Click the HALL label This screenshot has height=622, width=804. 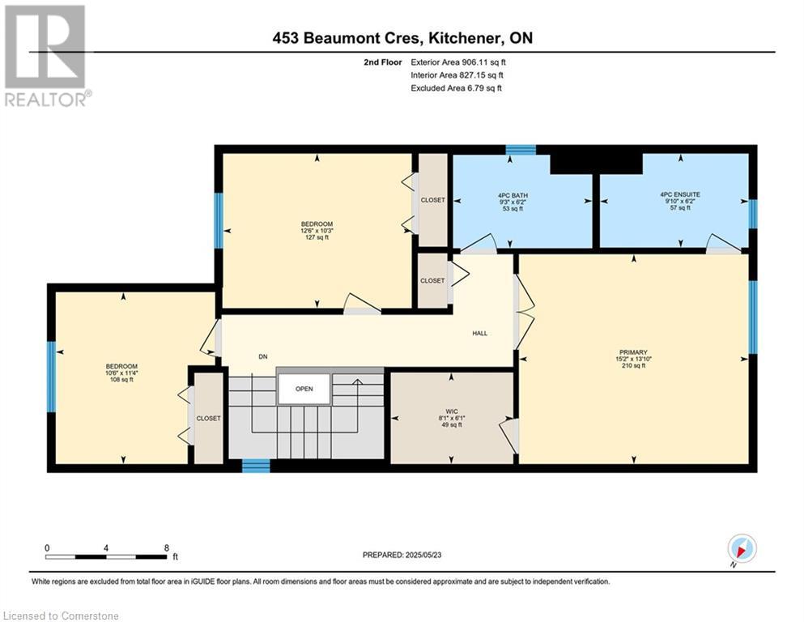point(480,334)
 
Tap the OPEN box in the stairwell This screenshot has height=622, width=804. point(304,389)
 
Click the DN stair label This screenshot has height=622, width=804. point(263,357)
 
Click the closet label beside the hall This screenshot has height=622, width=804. point(432,280)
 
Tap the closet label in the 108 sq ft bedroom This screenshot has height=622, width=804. point(209,419)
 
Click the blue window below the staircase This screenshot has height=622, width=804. point(256,466)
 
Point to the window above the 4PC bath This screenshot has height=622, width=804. point(521,150)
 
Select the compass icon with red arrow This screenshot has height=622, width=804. point(742,549)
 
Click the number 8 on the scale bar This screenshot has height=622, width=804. point(167,547)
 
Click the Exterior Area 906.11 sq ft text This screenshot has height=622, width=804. point(458,62)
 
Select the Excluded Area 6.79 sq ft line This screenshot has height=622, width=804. point(457,87)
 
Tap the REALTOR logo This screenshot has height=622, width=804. point(46,56)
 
